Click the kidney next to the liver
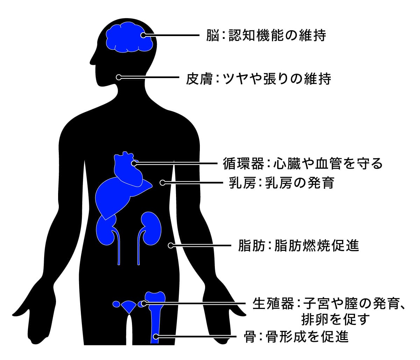point(106,231)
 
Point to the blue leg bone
point(154,315)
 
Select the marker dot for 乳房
point(162,182)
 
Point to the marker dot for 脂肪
point(171,245)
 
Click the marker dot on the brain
point(143,35)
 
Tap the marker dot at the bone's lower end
point(156,337)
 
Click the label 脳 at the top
point(212,35)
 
